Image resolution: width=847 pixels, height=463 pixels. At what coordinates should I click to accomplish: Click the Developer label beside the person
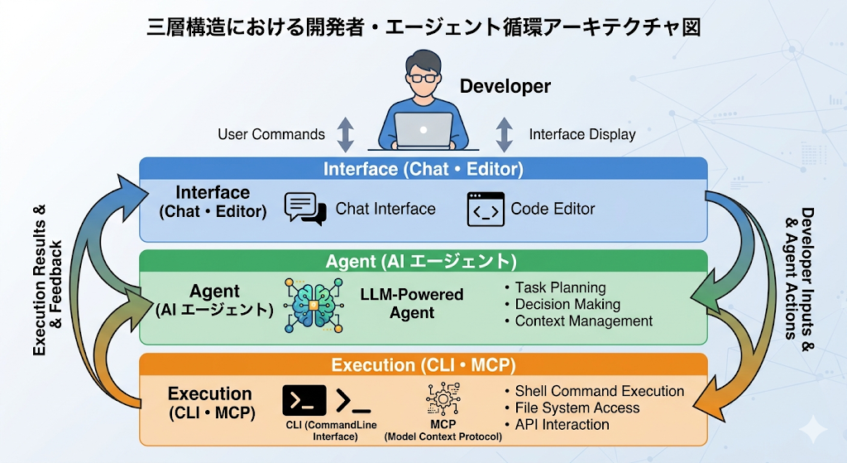point(505,86)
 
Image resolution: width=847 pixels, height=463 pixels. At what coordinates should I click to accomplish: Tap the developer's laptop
point(423,130)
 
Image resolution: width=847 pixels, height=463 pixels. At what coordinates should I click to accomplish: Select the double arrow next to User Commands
point(345,134)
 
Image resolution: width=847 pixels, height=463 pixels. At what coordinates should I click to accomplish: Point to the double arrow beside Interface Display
point(504,134)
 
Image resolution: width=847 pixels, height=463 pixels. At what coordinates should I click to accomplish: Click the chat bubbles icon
point(304,209)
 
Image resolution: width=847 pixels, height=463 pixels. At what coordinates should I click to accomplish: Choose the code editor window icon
point(485,209)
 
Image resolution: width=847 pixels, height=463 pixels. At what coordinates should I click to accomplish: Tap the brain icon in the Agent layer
point(312,305)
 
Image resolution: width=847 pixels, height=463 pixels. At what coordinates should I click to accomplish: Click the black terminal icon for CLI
point(304,400)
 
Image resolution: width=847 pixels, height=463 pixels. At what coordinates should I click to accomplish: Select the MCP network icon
point(443,398)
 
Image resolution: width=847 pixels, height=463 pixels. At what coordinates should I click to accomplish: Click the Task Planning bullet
point(560,287)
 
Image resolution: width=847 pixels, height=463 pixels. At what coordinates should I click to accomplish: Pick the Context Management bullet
point(583,321)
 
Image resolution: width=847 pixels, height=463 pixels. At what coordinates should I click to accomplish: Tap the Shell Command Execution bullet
point(599,391)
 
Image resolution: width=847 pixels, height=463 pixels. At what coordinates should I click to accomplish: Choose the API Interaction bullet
point(562,424)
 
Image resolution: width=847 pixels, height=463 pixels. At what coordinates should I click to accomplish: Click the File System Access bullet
point(577,408)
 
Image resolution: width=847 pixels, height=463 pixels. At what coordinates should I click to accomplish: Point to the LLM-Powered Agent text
point(412,303)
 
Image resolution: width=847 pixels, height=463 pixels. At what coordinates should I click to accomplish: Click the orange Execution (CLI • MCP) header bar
point(423,364)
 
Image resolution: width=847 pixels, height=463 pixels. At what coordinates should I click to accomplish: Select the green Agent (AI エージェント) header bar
point(423,261)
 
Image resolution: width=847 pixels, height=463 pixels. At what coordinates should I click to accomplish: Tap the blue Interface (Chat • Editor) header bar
point(423,169)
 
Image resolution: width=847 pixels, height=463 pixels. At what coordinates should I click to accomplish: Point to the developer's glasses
point(423,78)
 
